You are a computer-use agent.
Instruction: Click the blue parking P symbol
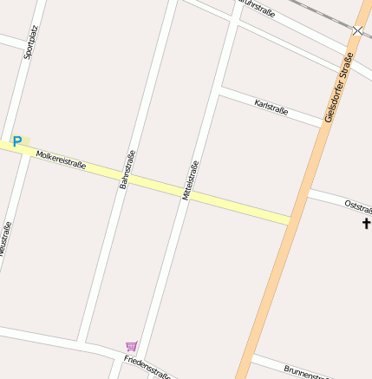point(16,140)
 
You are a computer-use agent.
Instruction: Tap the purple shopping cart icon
point(131,346)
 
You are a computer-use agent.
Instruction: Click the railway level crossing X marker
point(357,30)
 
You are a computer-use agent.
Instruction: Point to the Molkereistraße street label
point(61,159)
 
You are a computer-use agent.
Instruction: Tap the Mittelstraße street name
point(190,180)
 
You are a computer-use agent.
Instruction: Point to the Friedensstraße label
point(145,367)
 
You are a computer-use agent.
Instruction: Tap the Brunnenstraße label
point(307,372)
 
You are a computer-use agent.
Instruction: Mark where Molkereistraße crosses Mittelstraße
point(184,193)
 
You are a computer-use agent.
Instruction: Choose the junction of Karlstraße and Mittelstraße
point(219,88)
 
